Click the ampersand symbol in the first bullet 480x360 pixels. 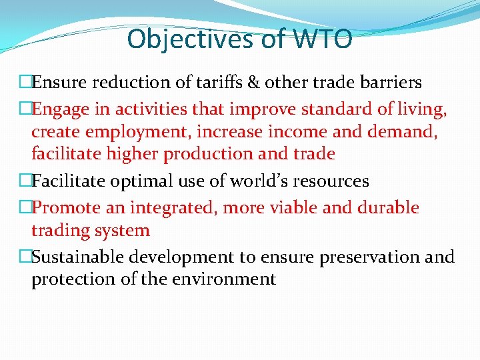(x=254, y=82)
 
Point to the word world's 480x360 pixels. (x=249, y=181)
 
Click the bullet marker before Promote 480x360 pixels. (x=25, y=207)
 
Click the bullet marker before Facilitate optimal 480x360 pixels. (x=25, y=181)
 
